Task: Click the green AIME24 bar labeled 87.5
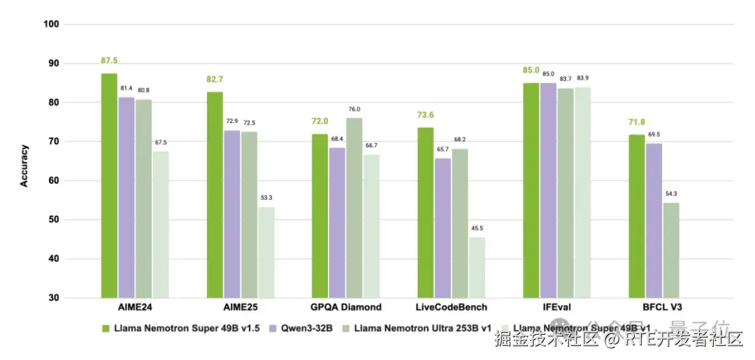(109, 185)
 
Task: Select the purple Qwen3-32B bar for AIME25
(231, 214)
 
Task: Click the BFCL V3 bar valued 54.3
(671, 250)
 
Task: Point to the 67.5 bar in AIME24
(161, 224)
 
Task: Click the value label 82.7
(215, 80)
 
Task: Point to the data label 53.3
(266, 198)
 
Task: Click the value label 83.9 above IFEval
(582, 78)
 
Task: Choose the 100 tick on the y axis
(51, 24)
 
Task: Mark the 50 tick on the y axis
(53, 219)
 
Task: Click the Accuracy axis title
(24, 165)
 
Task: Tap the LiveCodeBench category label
(452, 308)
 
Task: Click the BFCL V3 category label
(662, 308)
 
